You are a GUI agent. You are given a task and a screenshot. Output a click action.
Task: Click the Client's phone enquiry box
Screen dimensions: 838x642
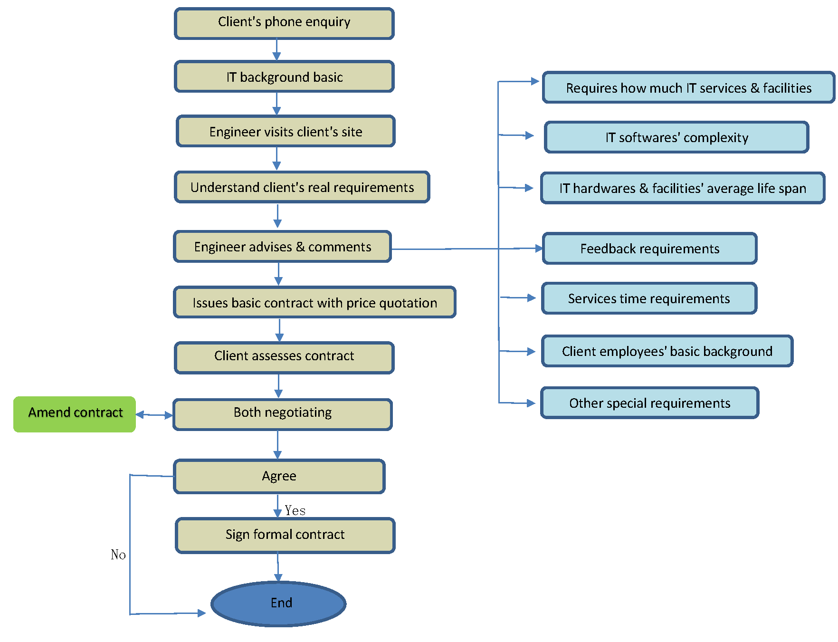pos(284,23)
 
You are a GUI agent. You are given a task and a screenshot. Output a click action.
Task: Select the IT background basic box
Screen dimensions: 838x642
pos(284,77)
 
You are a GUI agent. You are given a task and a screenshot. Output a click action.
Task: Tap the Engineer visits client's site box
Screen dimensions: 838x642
pos(286,131)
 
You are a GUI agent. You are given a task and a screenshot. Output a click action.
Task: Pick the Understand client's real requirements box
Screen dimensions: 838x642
pos(302,187)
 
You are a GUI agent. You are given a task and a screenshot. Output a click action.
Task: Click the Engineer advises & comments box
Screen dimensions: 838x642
pos(283,247)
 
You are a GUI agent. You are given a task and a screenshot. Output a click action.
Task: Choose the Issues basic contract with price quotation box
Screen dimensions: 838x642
pos(314,302)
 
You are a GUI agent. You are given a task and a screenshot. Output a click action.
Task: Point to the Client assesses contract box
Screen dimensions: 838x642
pos(284,358)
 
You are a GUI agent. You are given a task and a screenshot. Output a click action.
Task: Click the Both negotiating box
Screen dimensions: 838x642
pos(283,414)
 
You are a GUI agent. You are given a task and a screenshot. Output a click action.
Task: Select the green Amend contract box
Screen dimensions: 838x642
pos(75,414)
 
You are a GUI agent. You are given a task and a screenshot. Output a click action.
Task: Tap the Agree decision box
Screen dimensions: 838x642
pos(279,476)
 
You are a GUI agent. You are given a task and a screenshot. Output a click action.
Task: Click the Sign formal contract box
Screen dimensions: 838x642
pos(285,536)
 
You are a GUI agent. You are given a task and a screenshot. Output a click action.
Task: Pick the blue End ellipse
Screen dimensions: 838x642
pos(278,604)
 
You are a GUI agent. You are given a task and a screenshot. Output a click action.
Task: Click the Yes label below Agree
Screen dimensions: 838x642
pos(295,510)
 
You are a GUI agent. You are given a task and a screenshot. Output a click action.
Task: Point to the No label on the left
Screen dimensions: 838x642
pos(118,555)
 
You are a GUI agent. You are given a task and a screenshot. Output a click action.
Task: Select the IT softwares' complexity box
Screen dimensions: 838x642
pos(676,137)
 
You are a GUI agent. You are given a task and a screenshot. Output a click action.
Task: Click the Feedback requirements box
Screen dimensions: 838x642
pos(649,249)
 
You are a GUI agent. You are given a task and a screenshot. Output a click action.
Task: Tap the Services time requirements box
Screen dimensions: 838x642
pos(649,298)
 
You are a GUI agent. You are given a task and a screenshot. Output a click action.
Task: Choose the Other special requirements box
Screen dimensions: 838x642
pos(649,403)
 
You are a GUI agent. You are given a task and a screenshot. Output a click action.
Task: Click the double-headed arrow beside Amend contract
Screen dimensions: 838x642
pos(154,415)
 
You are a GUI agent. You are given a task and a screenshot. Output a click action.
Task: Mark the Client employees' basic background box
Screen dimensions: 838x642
pos(667,351)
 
